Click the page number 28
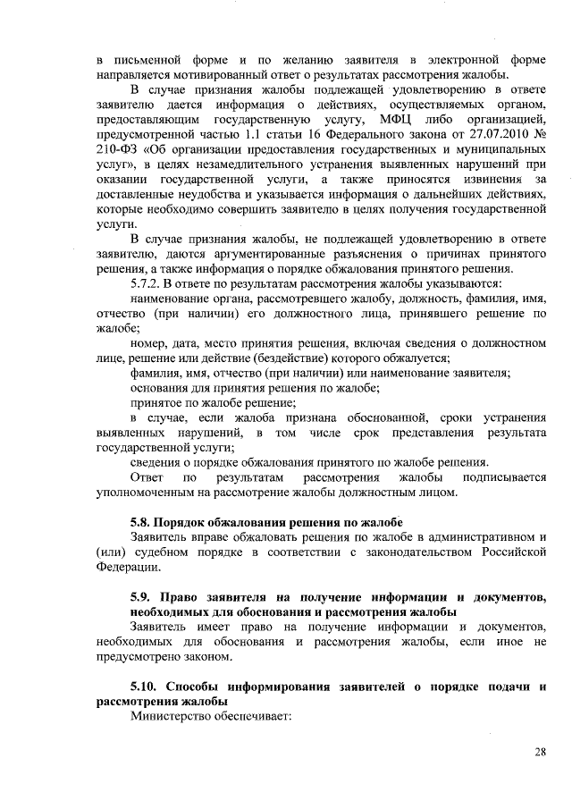click(x=540, y=751)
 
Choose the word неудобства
click(x=202, y=194)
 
